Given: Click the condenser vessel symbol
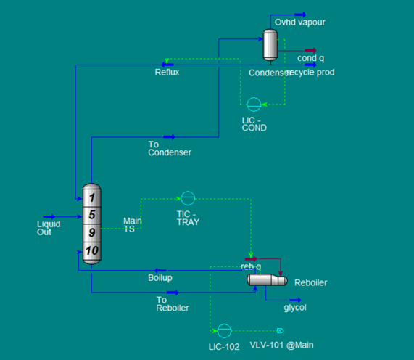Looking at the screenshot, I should [x=270, y=45].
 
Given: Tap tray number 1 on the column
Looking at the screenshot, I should [x=92, y=197].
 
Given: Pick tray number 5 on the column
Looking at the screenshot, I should [x=92, y=215].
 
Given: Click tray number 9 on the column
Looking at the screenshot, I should [x=92, y=233].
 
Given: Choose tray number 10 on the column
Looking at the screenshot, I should [x=92, y=251].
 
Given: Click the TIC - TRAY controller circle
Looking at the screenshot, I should [x=187, y=197].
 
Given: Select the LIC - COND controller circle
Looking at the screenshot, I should [x=254, y=104].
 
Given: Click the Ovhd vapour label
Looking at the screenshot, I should [x=300, y=22].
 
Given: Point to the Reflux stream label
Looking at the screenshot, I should [x=167, y=73].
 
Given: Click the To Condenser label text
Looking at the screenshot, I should [x=170, y=149].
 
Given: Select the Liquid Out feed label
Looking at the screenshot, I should [x=49, y=228].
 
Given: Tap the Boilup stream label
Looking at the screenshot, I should [x=160, y=278].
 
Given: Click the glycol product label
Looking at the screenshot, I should [x=295, y=307].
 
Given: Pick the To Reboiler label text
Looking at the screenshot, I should [x=172, y=303].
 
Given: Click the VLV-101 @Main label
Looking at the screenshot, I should [x=282, y=345].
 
